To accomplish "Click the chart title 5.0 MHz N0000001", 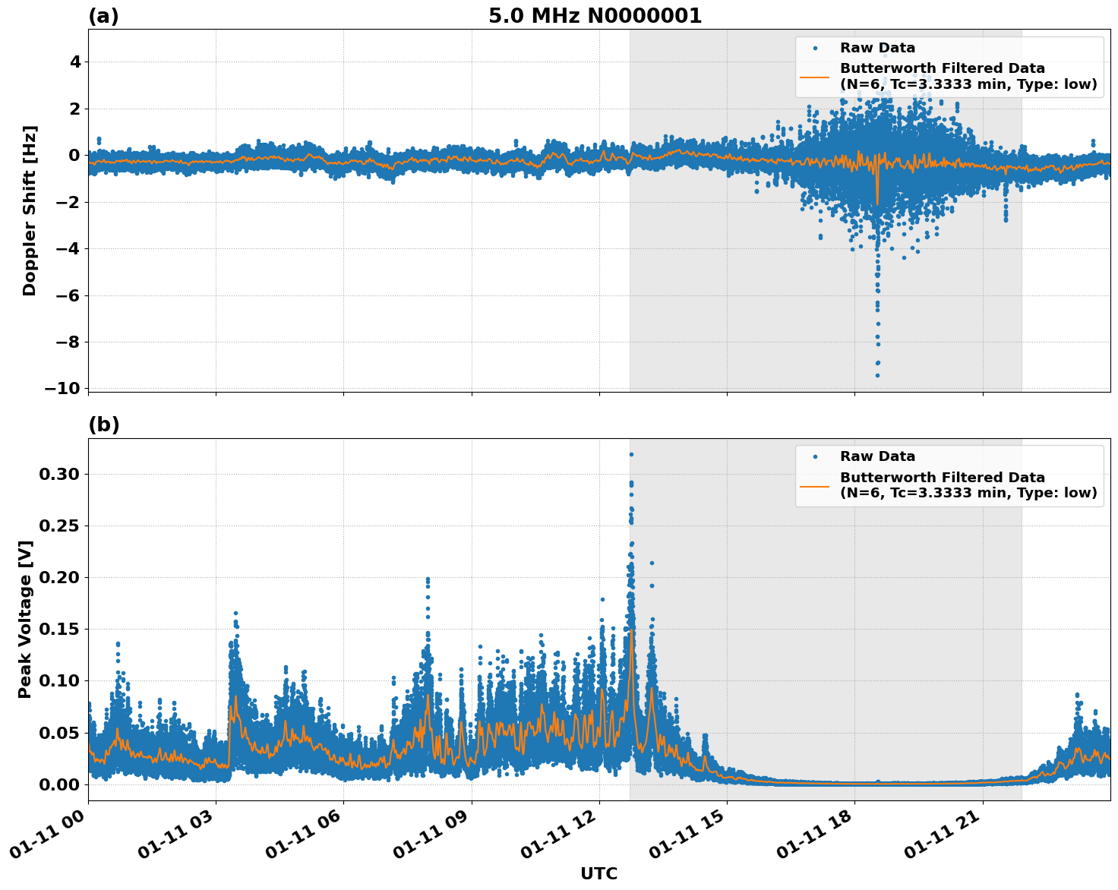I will click(595, 16).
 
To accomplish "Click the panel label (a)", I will click(103, 16).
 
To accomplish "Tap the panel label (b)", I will click(103, 424).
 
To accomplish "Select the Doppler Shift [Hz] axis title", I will click(29, 210).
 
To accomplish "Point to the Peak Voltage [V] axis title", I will click(26, 619).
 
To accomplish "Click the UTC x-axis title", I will click(598, 873).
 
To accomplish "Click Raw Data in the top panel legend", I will click(877, 48).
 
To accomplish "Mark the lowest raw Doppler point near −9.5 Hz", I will click(877, 375).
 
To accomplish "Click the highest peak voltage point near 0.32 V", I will click(631, 454).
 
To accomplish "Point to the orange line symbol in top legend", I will click(814, 77).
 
